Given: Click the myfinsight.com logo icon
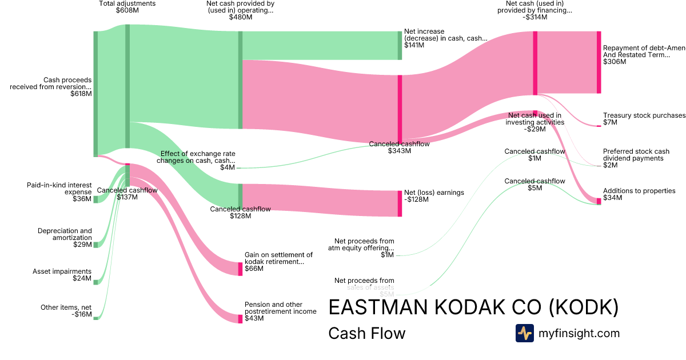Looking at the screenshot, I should pyautogui.click(x=524, y=333).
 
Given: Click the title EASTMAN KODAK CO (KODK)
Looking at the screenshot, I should pyautogui.click(x=473, y=307).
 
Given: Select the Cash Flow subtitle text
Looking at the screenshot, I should pyautogui.click(x=366, y=333).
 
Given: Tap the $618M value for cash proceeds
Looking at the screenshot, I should pyautogui.click(x=81, y=94).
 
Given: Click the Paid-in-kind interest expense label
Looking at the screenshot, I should pyautogui.click(x=59, y=189).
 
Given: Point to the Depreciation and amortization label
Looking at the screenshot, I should pyautogui.click(x=65, y=234).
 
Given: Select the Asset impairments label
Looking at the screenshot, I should pyautogui.click(x=62, y=271).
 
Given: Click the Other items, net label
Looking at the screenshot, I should pyautogui.click(x=66, y=307).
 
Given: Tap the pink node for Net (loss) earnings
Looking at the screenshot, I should pyautogui.click(x=400, y=203).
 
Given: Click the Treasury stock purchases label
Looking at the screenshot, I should pyautogui.click(x=644, y=115).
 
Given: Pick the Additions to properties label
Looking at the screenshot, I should pyautogui.click(x=639, y=191).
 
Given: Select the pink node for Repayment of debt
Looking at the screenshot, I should pyautogui.click(x=599, y=62).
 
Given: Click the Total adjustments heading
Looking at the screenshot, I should pyautogui.click(x=127, y=3).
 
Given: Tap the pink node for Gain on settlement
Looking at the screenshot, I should pyautogui.click(x=240, y=269).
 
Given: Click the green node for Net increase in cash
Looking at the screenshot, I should pyautogui.click(x=400, y=46).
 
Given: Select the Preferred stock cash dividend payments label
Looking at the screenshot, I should pyautogui.click(x=636, y=155).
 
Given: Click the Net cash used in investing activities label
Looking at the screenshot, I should pyautogui.click(x=535, y=119).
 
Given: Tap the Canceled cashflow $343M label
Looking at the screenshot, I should pyautogui.click(x=399, y=144).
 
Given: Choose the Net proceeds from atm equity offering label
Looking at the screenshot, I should pyautogui.click(x=361, y=245).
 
